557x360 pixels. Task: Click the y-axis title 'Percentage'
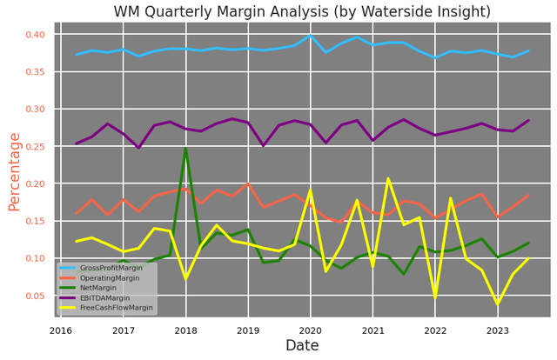[14, 171]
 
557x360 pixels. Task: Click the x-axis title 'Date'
[302, 346]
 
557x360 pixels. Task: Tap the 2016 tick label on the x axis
[61, 330]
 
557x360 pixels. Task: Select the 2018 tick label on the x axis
[185, 330]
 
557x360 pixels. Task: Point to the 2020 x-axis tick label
[311, 330]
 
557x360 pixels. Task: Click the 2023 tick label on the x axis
[498, 330]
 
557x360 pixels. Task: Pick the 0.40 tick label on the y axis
[33, 35]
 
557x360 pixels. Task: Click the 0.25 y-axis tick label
[33, 147]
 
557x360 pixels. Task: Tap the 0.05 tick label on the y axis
[33, 297]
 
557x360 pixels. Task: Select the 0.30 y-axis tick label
[33, 110]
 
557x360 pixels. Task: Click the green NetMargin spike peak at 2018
[185, 149]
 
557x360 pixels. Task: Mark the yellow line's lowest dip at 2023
[498, 303]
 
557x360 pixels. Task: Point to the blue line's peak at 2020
[311, 36]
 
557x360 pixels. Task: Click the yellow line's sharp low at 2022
[435, 297]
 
